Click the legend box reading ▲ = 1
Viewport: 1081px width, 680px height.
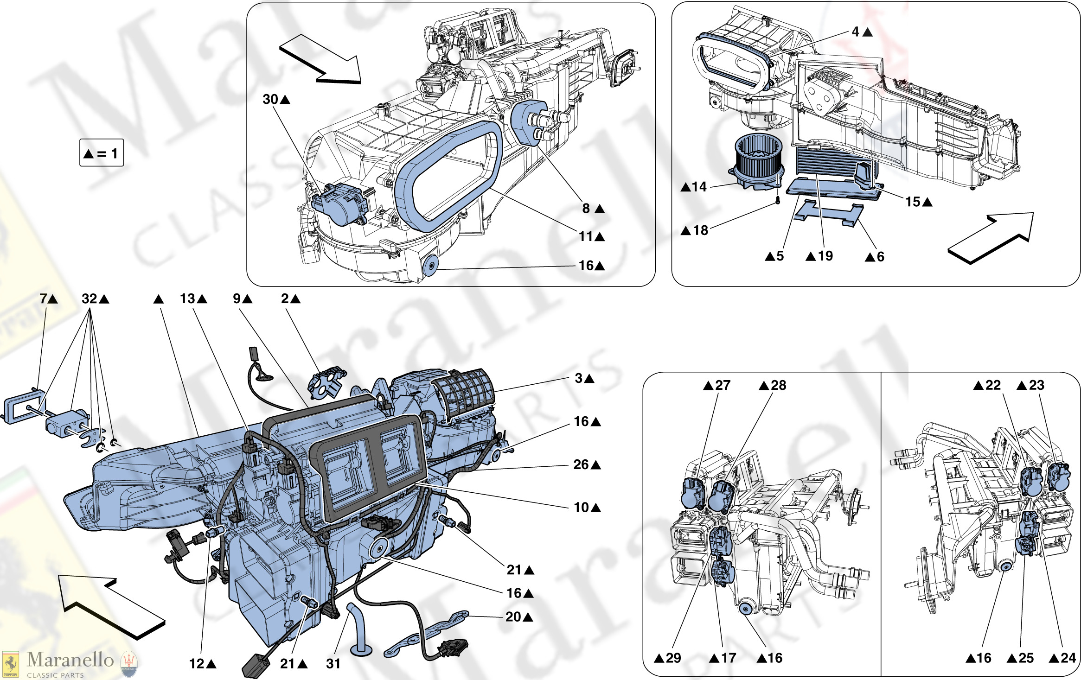[102, 153]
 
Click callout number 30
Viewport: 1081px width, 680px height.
[270, 99]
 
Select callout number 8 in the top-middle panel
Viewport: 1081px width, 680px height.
[586, 209]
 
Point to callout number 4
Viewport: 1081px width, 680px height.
[856, 32]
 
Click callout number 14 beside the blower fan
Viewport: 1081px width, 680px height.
[699, 187]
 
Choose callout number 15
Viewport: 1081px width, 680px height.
[913, 202]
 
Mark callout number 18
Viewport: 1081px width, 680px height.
[700, 230]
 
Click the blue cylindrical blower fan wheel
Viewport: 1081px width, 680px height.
[759, 160]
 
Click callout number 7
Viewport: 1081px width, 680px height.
[43, 299]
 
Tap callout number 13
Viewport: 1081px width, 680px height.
[188, 299]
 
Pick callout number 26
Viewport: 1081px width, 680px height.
[581, 464]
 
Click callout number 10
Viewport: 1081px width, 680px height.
[581, 508]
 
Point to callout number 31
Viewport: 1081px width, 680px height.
[333, 663]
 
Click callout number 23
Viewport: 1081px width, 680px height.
[1036, 385]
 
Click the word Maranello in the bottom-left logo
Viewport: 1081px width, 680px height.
[70, 660]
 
